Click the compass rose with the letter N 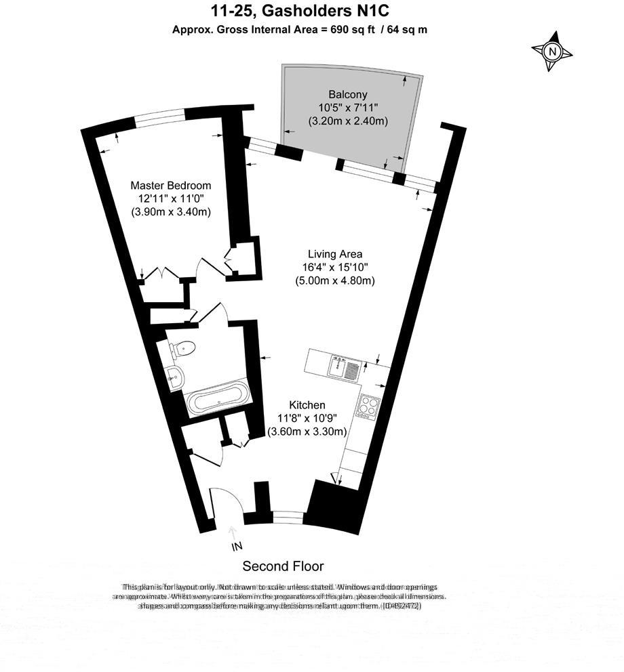[553, 51]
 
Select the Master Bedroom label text [170, 185]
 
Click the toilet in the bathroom [183, 349]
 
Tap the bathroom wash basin [174, 377]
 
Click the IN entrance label [236, 546]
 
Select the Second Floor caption [283, 566]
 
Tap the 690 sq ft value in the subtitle [347, 29]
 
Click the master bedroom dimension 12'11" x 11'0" [170, 198]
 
